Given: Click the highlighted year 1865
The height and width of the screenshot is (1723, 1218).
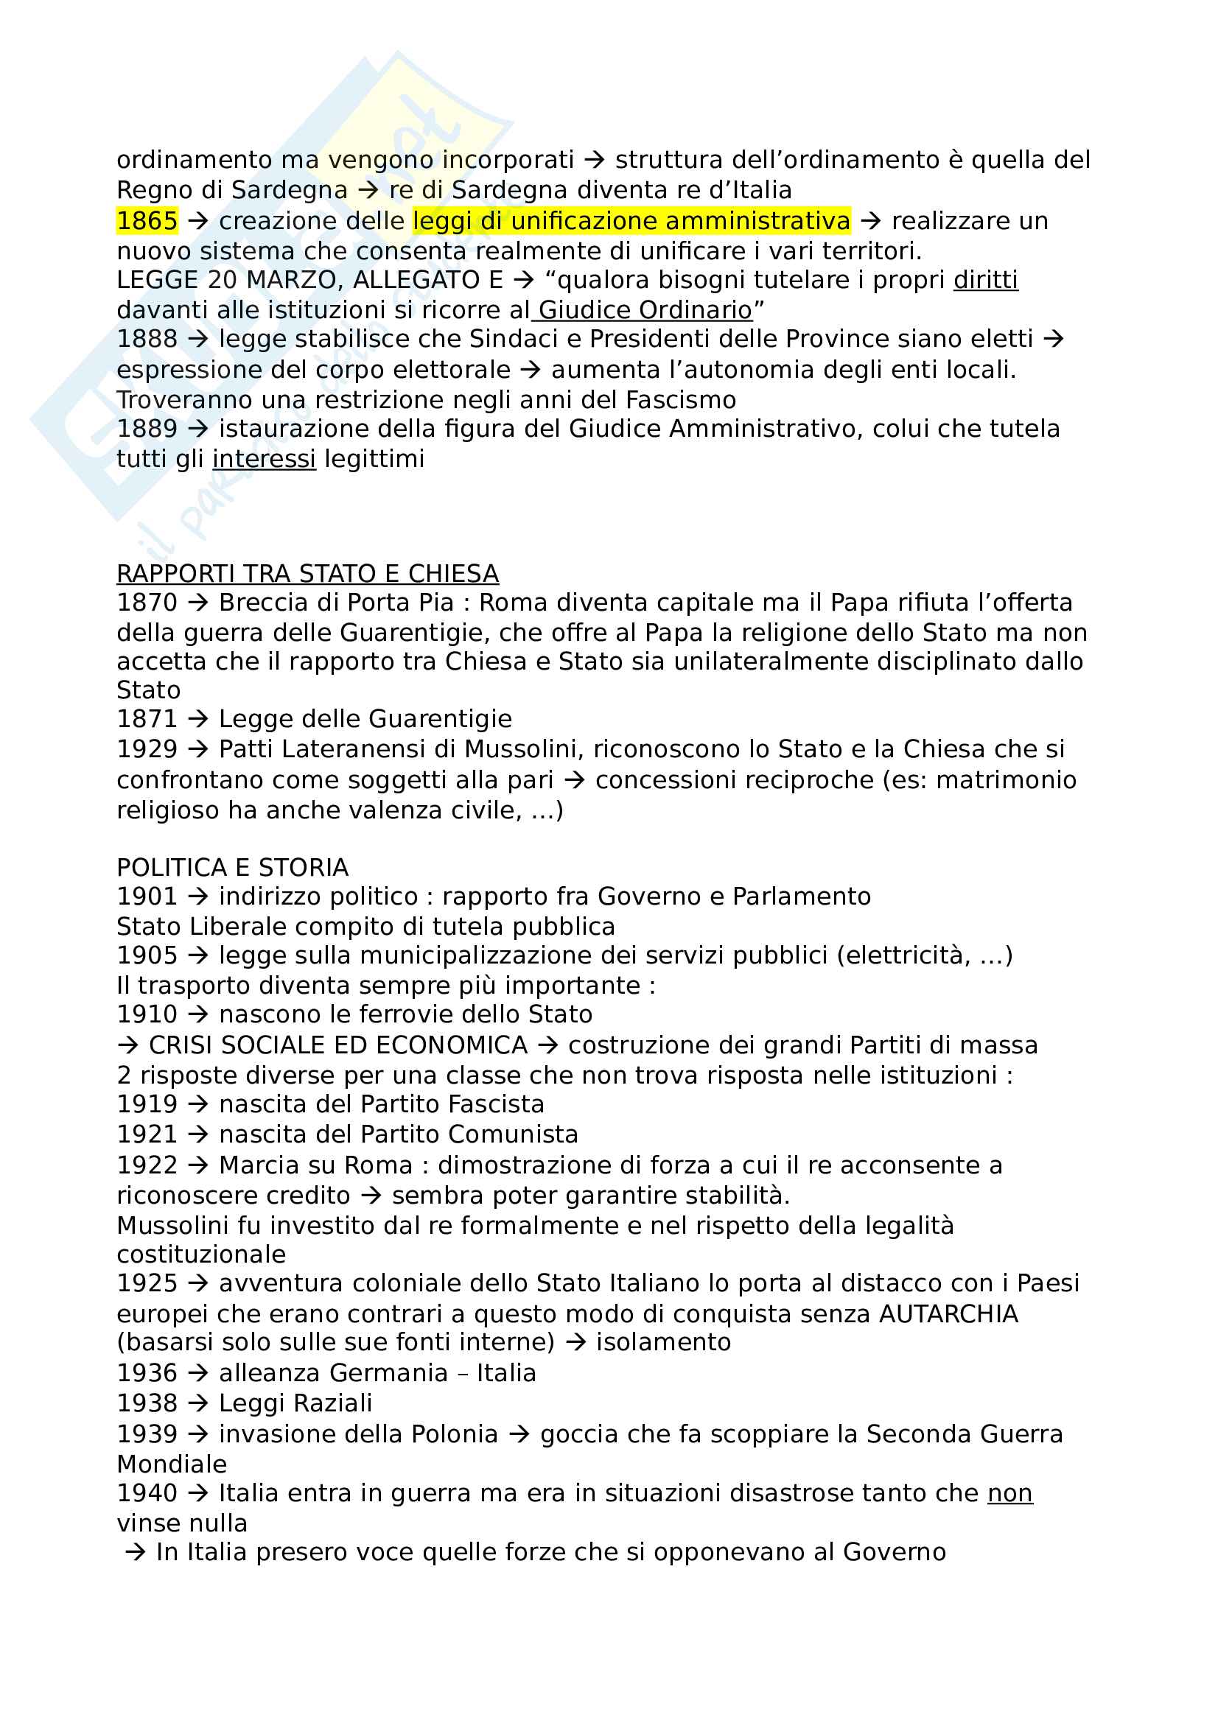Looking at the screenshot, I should click(x=147, y=221).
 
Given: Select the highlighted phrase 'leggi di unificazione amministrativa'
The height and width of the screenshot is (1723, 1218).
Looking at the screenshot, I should click(x=631, y=221).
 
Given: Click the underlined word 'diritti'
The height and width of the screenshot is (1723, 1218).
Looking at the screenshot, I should click(x=985, y=280).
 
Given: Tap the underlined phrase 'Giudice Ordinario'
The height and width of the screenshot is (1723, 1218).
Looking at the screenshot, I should click(x=645, y=310).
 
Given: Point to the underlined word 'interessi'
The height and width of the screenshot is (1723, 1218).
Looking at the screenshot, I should click(x=265, y=458).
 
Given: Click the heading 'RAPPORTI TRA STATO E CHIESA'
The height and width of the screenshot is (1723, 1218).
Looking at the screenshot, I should click(x=308, y=573).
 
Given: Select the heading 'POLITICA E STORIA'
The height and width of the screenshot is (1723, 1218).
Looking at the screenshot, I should click(x=233, y=868).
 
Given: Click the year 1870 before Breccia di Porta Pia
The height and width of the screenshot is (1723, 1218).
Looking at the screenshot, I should click(x=147, y=603).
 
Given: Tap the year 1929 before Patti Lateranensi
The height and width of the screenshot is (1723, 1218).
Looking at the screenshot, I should click(x=147, y=749).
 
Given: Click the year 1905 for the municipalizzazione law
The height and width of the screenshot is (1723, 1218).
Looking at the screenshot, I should click(x=147, y=955).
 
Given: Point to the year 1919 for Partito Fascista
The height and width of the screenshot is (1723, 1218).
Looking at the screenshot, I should click(x=147, y=1104).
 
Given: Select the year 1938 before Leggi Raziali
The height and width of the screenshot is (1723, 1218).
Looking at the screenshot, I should click(x=147, y=1403).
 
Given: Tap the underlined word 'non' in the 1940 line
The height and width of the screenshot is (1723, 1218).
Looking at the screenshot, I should click(x=1009, y=1492).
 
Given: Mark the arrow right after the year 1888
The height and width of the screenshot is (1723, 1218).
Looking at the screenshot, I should click(x=198, y=339).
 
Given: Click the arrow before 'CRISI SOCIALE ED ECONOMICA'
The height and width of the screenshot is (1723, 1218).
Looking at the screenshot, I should click(x=127, y=1045).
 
